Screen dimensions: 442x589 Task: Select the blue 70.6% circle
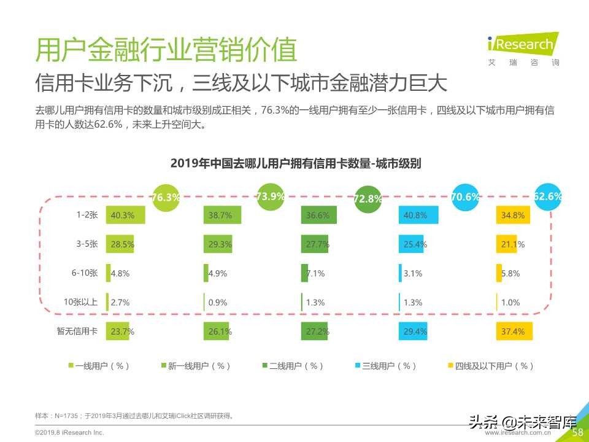[x=465, y=197]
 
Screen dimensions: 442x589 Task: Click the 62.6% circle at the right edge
[x=547, y=196]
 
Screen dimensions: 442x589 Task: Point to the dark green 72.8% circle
[x=368, y=199]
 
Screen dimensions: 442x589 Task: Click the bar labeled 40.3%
[x=126, y=215]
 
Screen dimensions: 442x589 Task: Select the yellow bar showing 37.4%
[x=514, y=331]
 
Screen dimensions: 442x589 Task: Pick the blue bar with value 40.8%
[x=418, y=215]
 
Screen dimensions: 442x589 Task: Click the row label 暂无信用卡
[x=77, y=331]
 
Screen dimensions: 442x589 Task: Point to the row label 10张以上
[x=80, y=302]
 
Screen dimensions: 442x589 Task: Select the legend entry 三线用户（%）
[x=388, y=366]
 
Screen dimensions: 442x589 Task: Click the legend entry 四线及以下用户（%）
[x=490, y=366]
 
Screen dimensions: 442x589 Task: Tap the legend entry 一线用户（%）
[x=99, y=366]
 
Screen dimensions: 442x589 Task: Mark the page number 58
[x=577, y=433]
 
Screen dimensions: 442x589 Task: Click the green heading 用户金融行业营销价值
[x=166, y=50]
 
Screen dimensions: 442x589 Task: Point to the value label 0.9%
[x=218, y=302]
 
